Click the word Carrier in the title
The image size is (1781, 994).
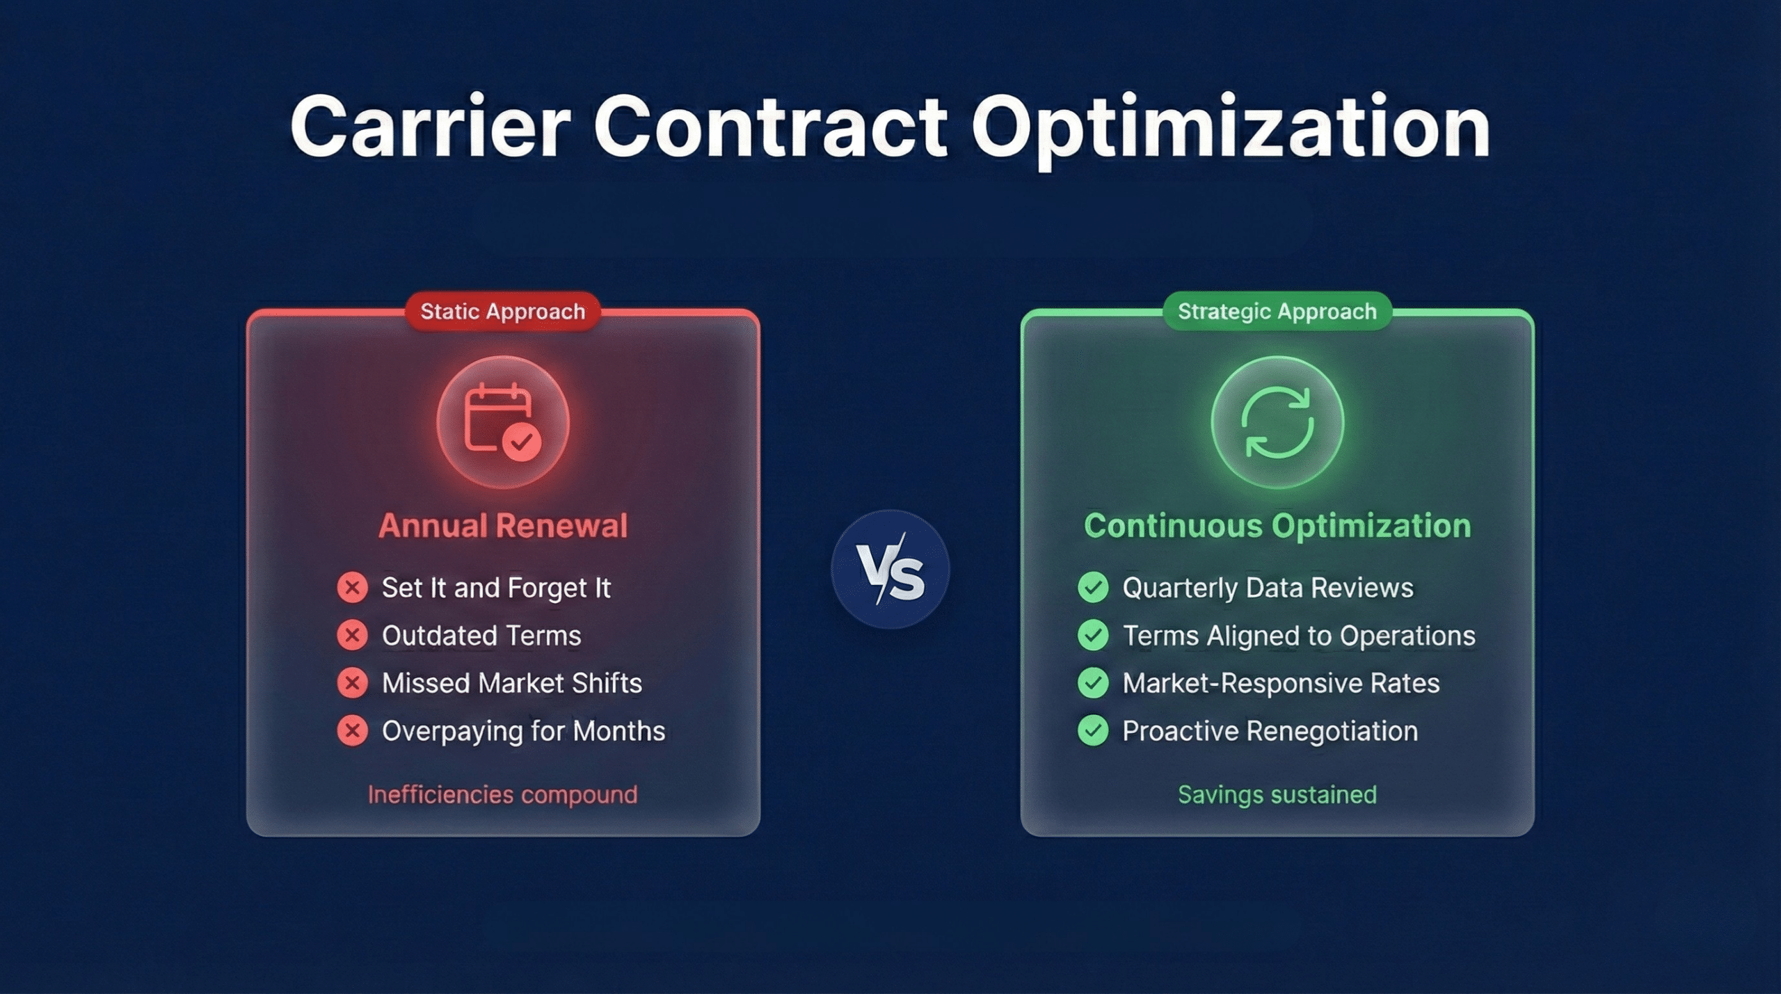point(430,128)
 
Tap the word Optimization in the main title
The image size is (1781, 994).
point(1230,129)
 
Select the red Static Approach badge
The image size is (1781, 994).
point(502,311)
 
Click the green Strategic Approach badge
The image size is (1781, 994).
point(1277,311)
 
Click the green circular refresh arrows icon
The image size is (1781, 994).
point(1277,422)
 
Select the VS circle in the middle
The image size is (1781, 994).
point(890,569)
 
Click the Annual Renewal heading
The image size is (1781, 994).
point(502,525)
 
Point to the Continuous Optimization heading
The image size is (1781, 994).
point(1277,525)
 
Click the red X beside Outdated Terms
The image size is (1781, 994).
point(353,635)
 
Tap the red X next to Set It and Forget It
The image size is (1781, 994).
point(353,588)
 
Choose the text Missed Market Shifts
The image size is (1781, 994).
point(511,683)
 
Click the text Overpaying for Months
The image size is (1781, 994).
point(523,731)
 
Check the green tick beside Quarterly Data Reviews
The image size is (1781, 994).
point(1093,588)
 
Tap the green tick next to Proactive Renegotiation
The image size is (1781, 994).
point(1093,731)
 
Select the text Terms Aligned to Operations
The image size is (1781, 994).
point(1298,635)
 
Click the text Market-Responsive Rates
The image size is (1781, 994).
point(1281,683)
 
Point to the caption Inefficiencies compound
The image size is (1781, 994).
point(502,794)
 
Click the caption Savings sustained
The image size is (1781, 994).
point(1277,794)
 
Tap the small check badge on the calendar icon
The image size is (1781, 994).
point(522,441)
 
